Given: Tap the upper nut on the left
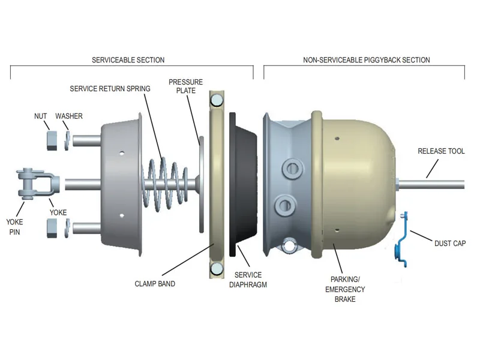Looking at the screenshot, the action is tap(52, 140).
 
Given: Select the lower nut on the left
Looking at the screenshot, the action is tap(52, 228).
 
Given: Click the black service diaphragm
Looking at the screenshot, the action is tap(244, 184).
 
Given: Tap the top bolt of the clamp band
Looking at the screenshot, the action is tap(217, 100).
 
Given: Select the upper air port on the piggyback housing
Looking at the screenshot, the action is tap(293, 169).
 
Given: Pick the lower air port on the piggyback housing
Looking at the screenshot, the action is tap(286, 206).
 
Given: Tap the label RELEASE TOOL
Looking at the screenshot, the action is tap(441, 151).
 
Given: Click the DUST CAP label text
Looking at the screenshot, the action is tap(450, 244).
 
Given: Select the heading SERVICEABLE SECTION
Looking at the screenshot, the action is tap(128, 59).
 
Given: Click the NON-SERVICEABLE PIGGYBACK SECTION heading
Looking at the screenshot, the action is tap(367, 59).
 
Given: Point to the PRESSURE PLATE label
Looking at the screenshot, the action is tap(186, 86).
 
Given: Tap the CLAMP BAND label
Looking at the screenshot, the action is tap(155, 284).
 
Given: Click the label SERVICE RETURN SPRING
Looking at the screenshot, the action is tap(110, 89).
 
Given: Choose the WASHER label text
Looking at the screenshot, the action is tap(69, 116).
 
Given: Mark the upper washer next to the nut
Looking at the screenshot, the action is tap(67, 140).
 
